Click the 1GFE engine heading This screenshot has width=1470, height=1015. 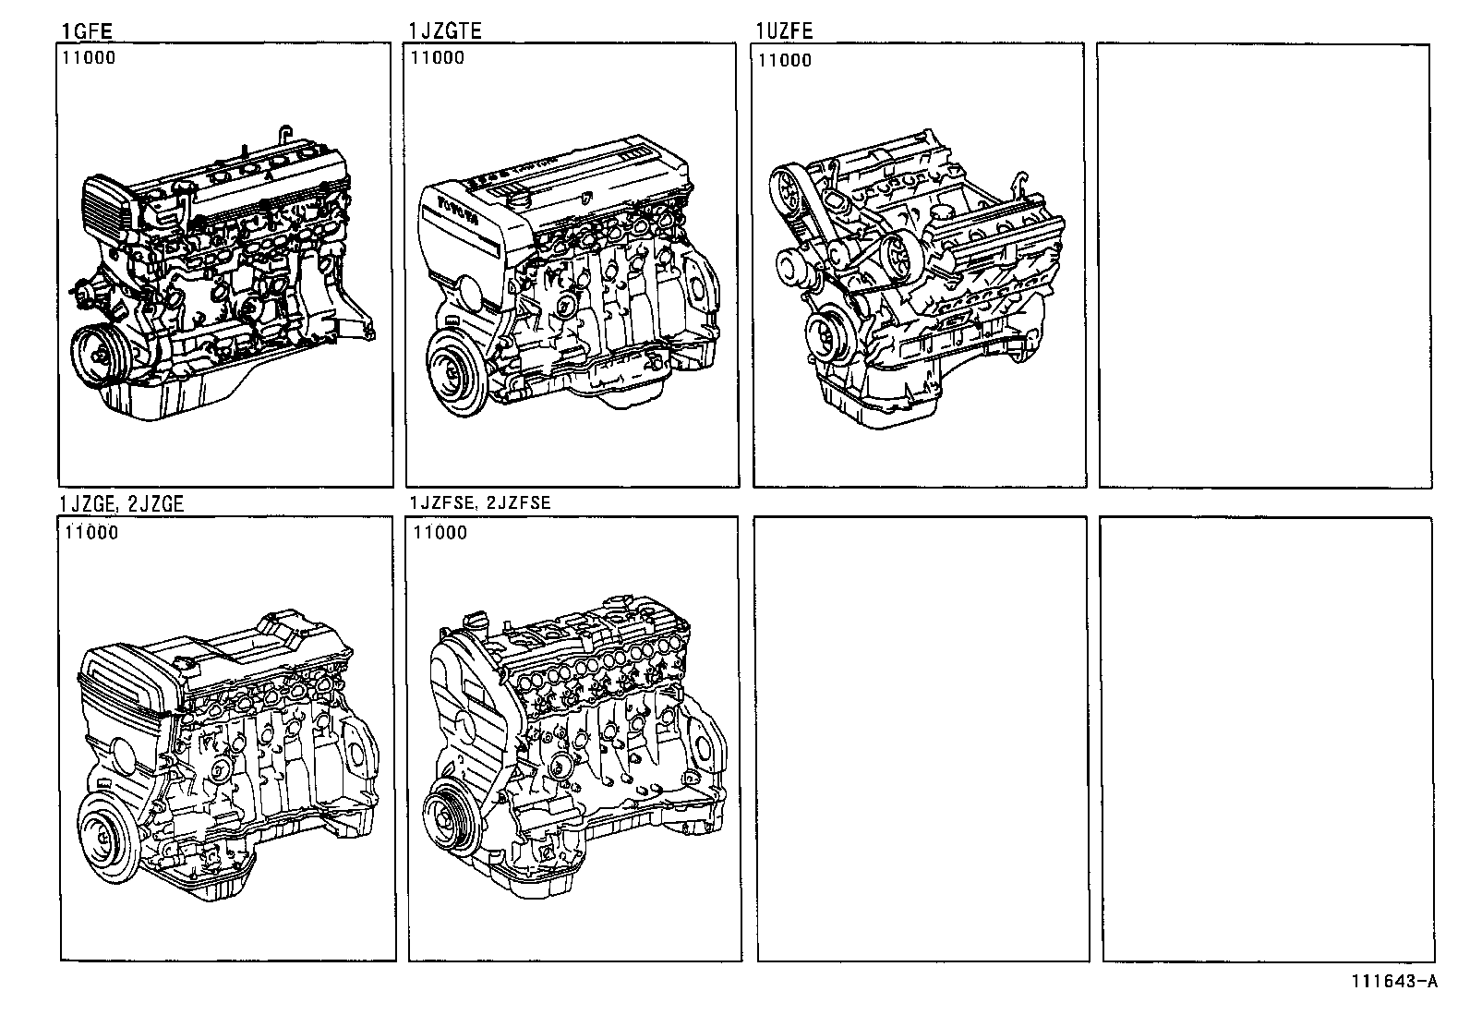coord(87,31)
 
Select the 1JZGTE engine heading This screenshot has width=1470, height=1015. coord(445,31)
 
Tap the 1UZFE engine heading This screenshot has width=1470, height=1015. coord(784,31)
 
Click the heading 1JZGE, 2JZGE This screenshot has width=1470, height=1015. coord(121,503)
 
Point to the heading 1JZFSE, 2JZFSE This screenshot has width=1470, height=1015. coord(480,503)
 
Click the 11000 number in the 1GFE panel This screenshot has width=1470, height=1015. coord(90,58)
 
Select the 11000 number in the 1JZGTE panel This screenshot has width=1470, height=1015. coord(438,58)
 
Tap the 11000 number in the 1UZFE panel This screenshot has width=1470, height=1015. coord(785,61)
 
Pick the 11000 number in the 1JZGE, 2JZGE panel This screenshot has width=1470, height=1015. coord(91,533)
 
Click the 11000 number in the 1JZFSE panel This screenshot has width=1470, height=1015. coord(440,533)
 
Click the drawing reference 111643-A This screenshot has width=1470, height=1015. coord(1395,982)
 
